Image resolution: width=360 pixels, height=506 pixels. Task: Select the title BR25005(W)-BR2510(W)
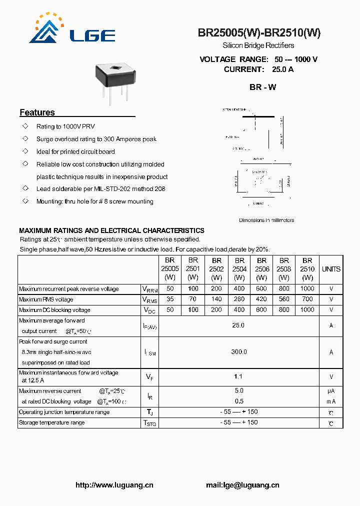259,33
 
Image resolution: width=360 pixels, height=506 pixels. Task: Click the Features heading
37,112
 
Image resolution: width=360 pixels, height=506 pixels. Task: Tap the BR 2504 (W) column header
239,269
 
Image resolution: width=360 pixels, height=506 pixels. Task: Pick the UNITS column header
331,269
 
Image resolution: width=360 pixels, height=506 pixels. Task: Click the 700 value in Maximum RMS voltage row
307,299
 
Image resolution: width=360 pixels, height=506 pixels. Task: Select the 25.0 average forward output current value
238,325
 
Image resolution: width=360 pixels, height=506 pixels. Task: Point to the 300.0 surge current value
238,352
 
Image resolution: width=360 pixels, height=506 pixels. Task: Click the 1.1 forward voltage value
238,376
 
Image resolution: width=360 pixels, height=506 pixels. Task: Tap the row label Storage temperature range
51,422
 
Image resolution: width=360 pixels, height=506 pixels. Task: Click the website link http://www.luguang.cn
114,485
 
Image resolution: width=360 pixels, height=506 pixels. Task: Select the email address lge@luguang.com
242,485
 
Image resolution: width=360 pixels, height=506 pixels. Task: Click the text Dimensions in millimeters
266,220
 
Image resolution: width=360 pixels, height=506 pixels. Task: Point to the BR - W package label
262,87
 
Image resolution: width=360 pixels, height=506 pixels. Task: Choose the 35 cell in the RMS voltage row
170,299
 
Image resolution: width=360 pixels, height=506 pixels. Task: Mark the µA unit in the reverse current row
331,391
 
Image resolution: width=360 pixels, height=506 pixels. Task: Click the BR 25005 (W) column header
170,269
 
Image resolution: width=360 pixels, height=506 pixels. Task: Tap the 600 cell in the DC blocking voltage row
261,309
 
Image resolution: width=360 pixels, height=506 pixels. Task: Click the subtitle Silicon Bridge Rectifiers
258,46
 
